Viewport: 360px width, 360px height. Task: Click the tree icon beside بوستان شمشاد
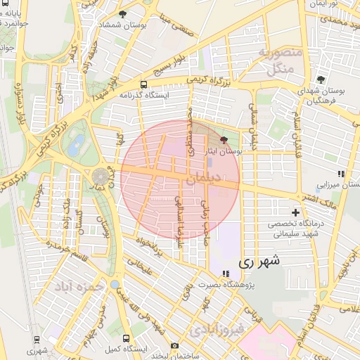123,14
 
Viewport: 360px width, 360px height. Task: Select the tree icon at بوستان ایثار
224,141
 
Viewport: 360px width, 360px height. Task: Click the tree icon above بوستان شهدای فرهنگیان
321,80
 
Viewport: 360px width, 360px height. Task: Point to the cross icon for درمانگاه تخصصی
295,212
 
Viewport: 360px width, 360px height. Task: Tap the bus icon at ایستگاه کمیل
126,338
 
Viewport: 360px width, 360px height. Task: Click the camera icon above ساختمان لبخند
175,345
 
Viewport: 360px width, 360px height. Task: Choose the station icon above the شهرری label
37,340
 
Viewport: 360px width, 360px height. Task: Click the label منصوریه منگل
280,61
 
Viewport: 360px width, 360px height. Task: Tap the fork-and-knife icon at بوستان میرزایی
341,173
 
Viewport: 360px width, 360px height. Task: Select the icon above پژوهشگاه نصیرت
225,273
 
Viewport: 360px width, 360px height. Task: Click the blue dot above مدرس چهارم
115,284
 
